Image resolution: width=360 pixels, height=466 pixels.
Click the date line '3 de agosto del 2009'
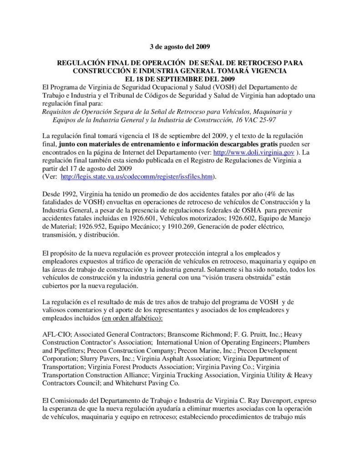[180, 46]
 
